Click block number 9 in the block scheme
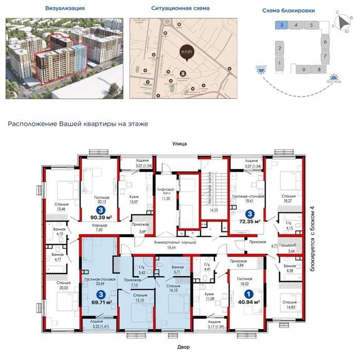pos(304,69)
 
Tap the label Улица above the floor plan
pos(179,145)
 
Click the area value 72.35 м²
pos(250,221)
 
